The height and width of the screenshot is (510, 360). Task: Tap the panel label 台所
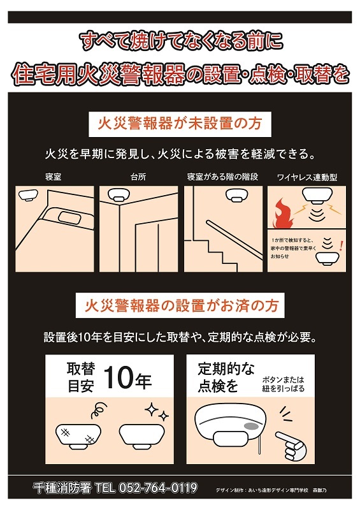click(x=138, y=175)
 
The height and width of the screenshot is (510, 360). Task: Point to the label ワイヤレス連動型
click(x=307, y=175)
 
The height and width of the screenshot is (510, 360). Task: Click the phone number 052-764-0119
click(x=155, y=488)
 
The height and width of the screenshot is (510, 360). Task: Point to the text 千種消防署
click(x=61, y=488)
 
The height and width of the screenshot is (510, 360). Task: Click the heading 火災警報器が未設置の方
click(x=179, y=123)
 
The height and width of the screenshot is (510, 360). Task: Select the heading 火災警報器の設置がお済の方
click(x=180, y=306)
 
